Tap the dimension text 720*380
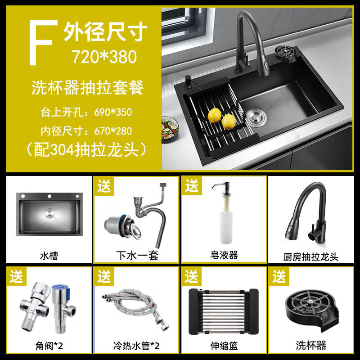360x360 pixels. click(x=104, y=57)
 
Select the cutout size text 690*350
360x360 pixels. click(x=113, y=112)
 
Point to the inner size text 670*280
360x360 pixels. click(x=113, y=131)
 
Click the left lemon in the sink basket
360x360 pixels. click(x=215, y=116)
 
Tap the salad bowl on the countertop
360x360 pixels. click(x=170, y=129)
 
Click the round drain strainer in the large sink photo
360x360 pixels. click(x=256, y=118)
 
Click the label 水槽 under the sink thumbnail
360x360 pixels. click(x=49, y=256)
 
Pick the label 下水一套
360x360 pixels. click(x=137, y=256)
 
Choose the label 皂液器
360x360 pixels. click(x=224, y=255)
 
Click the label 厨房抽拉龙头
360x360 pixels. click(x=311, y=256)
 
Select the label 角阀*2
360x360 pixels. click(x=49, y=346)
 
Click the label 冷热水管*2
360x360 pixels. click(x=136, y=346)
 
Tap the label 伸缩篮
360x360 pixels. click(x=224, y=346)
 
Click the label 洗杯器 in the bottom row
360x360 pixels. click(x=311, y=345)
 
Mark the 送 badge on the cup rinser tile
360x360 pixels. click(x=279, y=276)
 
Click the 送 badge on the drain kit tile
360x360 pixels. click(x=104, y=186)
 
